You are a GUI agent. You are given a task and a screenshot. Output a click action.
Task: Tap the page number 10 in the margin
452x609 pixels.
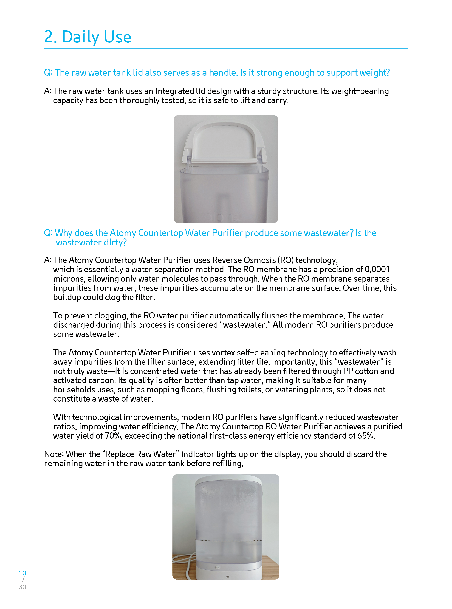point(22,573)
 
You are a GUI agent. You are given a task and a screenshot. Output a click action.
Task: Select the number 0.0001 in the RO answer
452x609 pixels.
point(377,269)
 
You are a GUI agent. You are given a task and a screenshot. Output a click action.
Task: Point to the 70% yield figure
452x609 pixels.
point(113,436)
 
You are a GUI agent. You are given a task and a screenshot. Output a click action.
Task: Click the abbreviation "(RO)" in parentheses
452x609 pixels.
point(285,260)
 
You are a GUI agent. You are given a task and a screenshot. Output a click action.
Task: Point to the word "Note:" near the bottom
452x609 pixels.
point(54,454)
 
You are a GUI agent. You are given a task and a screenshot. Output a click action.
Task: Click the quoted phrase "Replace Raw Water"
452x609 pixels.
point(140,454)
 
